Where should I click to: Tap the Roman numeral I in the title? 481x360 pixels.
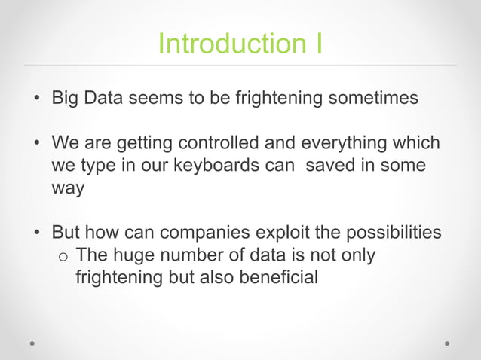coord(318,44)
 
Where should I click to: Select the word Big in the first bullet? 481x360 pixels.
coord(66,99)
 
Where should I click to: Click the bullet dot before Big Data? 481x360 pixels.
coord(35,99)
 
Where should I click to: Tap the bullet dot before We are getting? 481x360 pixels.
coord(35,144)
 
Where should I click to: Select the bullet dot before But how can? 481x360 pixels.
coord(35,233)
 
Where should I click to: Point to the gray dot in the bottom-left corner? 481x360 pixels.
coord(32,343)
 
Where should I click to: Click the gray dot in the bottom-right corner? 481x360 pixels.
coord(447,343)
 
